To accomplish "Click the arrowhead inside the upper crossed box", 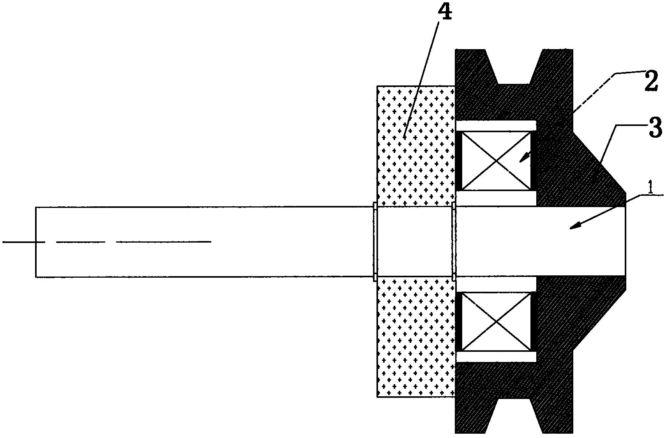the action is [x=523, y=157].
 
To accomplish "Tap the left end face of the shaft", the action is [x=36, y=242].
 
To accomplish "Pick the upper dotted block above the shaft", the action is [x=416, y=146].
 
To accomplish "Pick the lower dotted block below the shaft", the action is [x=416, y=337].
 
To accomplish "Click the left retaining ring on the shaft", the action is [x=375, y=242].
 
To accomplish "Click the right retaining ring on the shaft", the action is [x=454, y=242].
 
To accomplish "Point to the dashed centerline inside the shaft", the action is [x=107, y=242].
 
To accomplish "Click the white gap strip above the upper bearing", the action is [x=496, y=126].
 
